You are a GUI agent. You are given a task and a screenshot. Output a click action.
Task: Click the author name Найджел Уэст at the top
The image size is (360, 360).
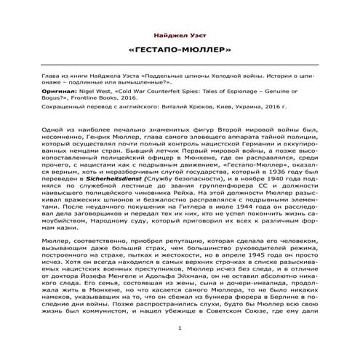(180, 35)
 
